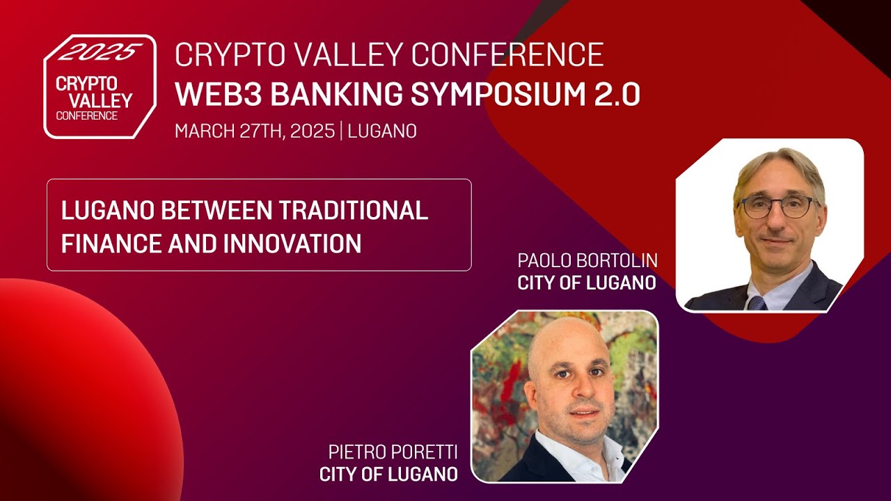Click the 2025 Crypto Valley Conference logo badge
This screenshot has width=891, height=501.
[x=99, y=87]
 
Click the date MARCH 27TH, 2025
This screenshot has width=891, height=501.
[x=255, y=132]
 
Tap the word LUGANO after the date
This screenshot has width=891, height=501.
[x=382, y=132]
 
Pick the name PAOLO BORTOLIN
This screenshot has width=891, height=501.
[x=588, y=261]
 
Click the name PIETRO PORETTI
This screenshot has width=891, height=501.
[x=393, y=453]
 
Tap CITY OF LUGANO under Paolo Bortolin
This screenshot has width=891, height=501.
[x=587, y=283]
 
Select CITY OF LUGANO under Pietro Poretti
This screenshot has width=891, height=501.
[x=388, y=475]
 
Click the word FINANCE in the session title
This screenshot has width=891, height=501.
[x=112, y=244]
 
